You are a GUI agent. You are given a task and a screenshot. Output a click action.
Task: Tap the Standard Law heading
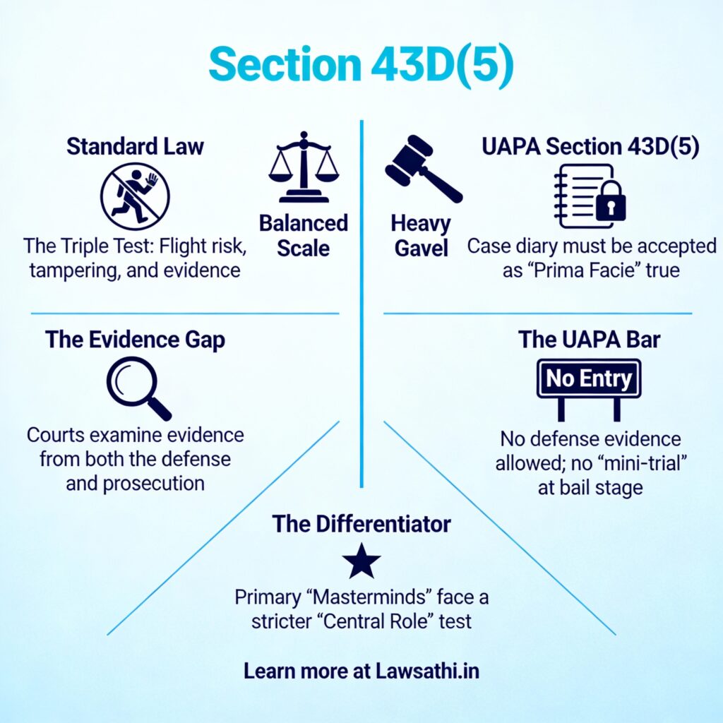[x=135, y=146]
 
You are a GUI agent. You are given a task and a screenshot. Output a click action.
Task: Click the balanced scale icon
[x=304, y=167]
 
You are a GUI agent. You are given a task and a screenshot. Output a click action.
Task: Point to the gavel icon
[x=421, y=167]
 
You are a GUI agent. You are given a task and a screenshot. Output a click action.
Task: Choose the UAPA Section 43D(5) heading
[x=590, y=146]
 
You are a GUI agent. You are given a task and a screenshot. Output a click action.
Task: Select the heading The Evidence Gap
[x=135, y=340]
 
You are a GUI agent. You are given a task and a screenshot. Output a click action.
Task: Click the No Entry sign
[x=589, y=380]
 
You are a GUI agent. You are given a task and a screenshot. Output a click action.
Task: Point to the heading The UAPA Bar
[x=589, y=340]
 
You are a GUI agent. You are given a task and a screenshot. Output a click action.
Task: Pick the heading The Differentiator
[x=361, y=524]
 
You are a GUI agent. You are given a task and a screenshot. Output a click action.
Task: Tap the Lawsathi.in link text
[x=427, y=671]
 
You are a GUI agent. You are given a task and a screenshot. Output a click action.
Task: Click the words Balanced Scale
[x=304, y=236]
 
